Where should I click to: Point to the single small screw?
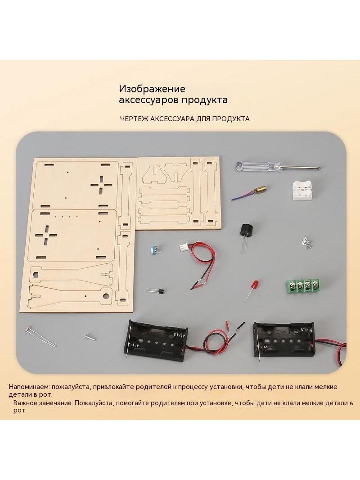(x=90, y=337)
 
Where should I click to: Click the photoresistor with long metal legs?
(x=40, y=337)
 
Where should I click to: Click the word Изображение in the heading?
(x=152, y=89)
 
